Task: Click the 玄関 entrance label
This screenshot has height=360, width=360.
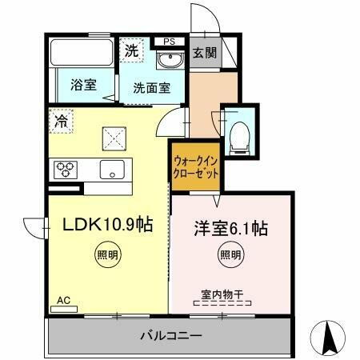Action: click(205, 53)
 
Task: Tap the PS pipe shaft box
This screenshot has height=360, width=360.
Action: click(168, 41)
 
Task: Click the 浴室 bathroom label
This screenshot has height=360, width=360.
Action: click(82, 85)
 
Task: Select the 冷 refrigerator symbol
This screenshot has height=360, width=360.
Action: click(62, 122)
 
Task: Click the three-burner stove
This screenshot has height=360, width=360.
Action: click(66, 170)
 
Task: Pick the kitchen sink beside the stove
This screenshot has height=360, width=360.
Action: click(110, 169)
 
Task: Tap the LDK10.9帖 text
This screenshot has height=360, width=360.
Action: click(109, 226)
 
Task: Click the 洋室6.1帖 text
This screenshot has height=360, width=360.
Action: click(229, 229)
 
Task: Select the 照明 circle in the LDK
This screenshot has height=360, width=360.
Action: click(108, 257)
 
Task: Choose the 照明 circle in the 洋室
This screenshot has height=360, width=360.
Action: click(230, 257)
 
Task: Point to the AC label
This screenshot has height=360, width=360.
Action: click(63, 301)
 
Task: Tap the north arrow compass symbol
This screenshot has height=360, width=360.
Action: click(329, 338)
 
